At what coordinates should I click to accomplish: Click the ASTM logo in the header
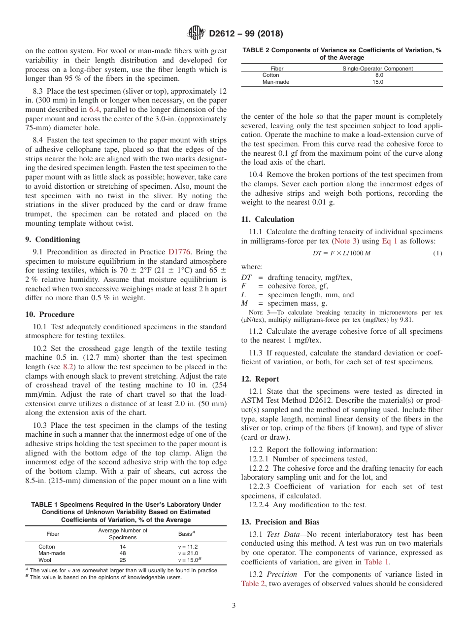pyautogui.click(x=197, y=34)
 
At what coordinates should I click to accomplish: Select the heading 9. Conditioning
pyautogui.click(x=52, y=240)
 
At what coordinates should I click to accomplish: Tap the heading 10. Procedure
pyautogui.click(x=50, y=314)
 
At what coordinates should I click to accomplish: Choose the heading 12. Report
pyautogui.click(x=260, y=379)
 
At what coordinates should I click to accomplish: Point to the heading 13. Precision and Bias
pyautogui.click(x=280, y=522)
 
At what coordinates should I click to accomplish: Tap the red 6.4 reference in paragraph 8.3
pyautogui.click(x=94, y=109)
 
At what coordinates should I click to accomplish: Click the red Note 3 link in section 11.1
pyautogui.click(x=345, y=241)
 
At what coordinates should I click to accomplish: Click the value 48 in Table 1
pyautogui.click(x=123, y=554)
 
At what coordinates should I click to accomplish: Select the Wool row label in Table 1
pyautogui.click(x=45, y=560)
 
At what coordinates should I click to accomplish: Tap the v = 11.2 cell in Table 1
pyautogui.click(x=188, y=547)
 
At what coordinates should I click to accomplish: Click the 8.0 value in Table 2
pyautogui.click(x=379, y=75)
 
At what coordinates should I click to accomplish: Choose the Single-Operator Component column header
pyautogui.click(x=378, y=69)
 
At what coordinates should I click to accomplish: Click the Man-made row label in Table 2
pyautogui.click(x=276, y=82)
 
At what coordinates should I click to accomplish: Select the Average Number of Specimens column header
pyautogui.click(x=123, y=534)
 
